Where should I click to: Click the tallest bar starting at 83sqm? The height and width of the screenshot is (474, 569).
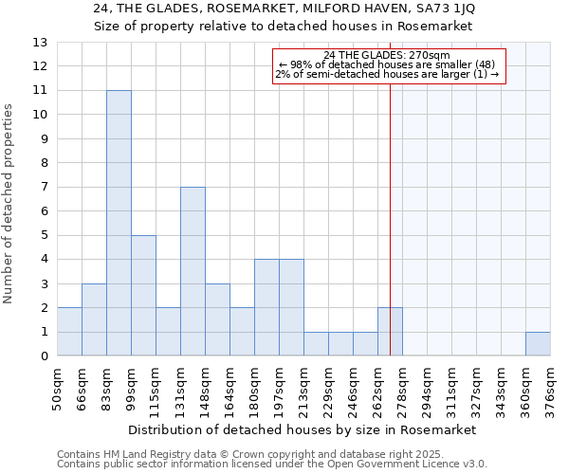[x=119, y=223]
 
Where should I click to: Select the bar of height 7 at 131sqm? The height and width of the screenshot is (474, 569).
[x=193, y=271]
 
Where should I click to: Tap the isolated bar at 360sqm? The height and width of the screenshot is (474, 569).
[x=538, y=344]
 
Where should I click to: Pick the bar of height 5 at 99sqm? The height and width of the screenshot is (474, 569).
[x=143, y=296]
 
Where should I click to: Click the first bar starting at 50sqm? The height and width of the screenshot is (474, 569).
[x=69, y=332]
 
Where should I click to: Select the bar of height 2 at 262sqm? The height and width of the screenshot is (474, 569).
[x=390, y=332]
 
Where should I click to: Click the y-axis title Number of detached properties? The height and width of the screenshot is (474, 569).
[x=9, y=204]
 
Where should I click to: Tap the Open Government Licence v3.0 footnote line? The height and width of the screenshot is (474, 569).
[x=272, y=465]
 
